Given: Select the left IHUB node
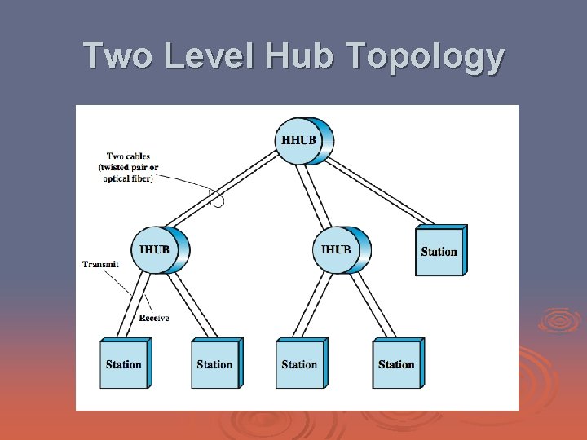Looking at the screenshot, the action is pyautogui.click(x=159, y=249).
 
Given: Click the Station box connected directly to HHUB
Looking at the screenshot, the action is pyautogui.click(x=440, y=251).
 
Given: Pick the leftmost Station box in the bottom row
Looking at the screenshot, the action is pyautogui.click(x=125, y=363).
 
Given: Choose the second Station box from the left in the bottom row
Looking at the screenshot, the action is pyautogui.click(x=215, y=363).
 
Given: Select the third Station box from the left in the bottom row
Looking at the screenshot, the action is pyautogui.click(x=301, y=363).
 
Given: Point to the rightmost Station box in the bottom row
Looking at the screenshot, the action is pyautogui.click(x=397, y=363).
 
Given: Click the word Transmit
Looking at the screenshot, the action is pyautogui.click(x=100, y=264).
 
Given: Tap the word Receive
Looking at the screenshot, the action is pyautogui.click(x=153, y=318).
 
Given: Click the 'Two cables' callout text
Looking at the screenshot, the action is pyautogui.click(x=129, y=167).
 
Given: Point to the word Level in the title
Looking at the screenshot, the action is pyautogui.click(x=205, y=56).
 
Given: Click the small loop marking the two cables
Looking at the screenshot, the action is pyautogui.click(x=217, y=198).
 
